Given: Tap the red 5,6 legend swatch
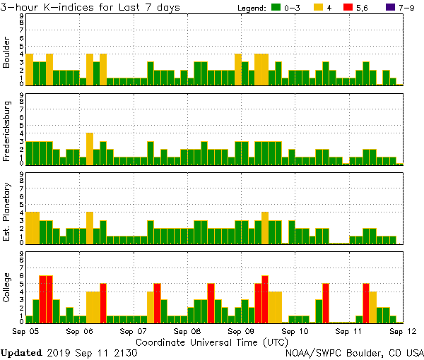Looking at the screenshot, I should click(x=347, y=7).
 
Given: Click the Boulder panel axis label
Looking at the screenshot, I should click(x=7, y=53).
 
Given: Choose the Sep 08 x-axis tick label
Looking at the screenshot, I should click(x=187, y=330).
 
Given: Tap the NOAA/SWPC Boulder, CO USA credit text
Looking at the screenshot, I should click(x=354, y=352).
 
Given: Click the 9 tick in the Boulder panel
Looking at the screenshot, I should click(x=22, y=15).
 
